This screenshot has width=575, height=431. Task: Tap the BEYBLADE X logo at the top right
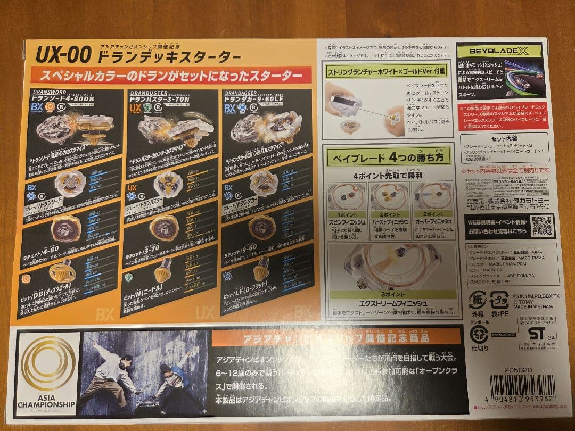tap(498, 53)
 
